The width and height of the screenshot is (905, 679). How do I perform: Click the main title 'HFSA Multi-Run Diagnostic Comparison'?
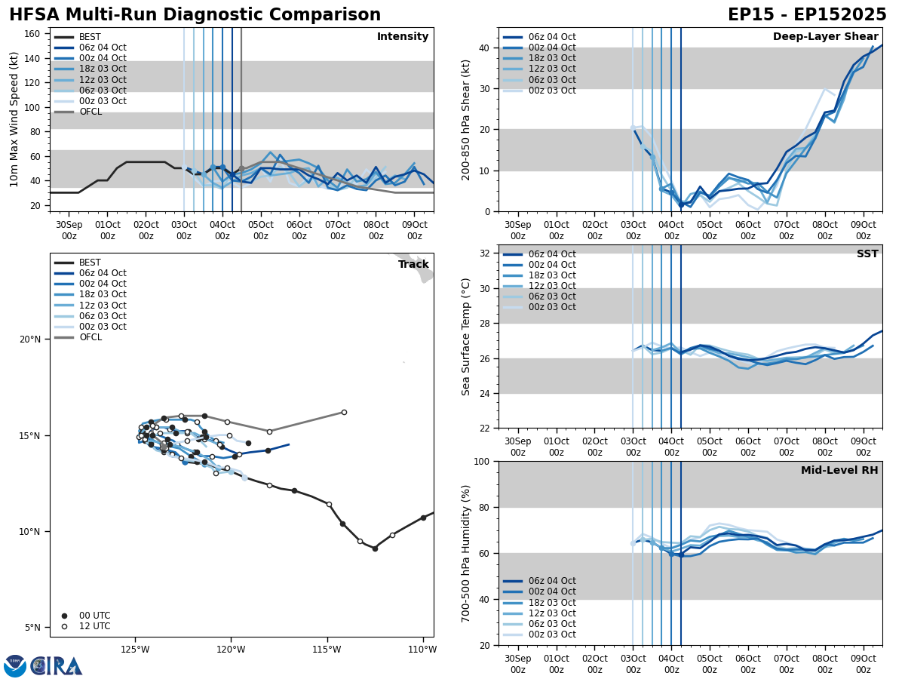point(195,15)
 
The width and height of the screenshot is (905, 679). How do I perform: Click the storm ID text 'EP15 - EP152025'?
point(807,15)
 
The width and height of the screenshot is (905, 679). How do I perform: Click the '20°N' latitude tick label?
point(29,339)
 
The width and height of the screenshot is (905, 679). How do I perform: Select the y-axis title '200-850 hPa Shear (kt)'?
point(467,119)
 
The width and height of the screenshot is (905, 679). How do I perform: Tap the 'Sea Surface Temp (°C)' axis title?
point(467,336)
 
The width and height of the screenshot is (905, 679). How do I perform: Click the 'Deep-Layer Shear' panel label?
point(825,37)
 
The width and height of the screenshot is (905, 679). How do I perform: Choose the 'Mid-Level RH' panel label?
point(839,471)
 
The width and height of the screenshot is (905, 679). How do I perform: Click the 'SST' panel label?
point(867,254)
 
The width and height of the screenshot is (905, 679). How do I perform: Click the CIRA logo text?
point(57,665)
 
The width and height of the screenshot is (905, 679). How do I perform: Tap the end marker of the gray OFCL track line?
point(344,412)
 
